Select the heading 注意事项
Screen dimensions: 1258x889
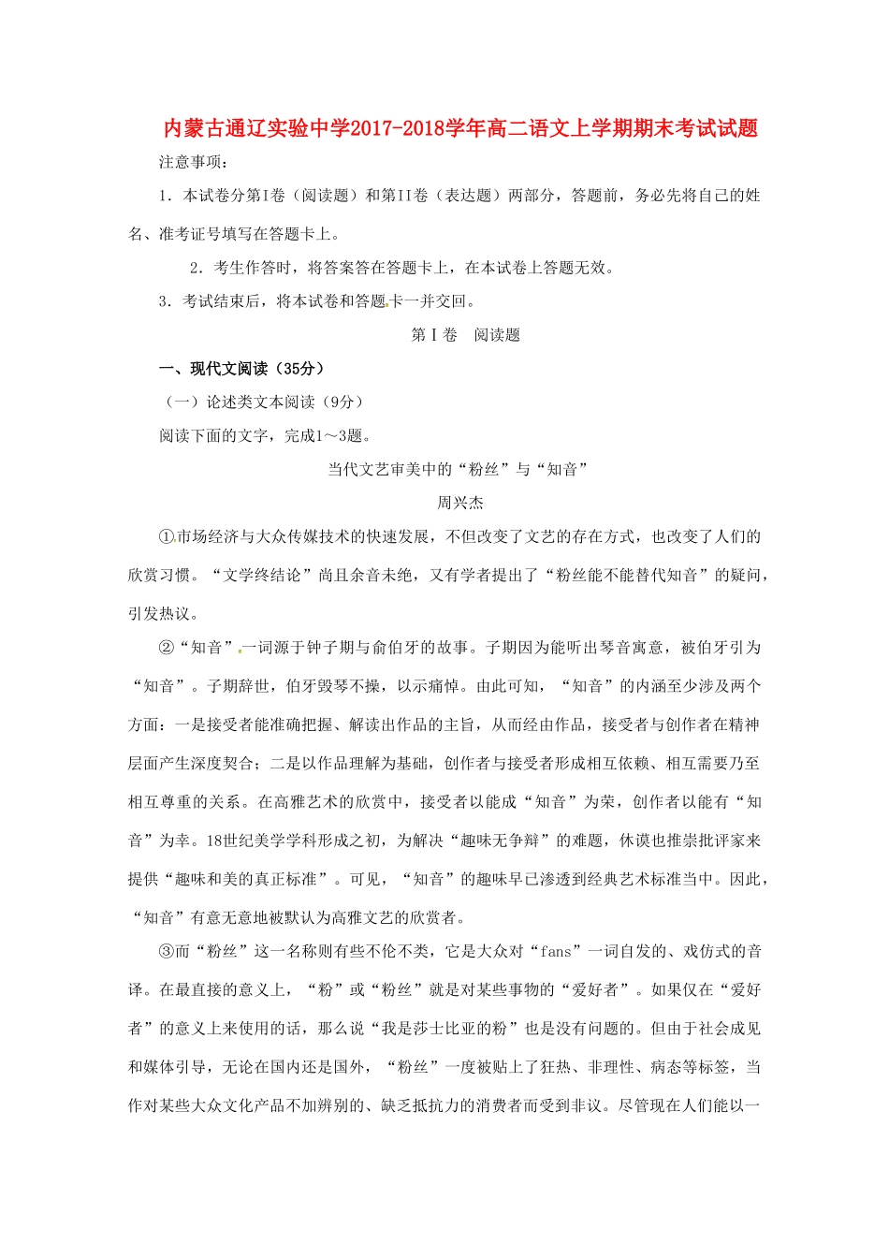[x=194, y=162]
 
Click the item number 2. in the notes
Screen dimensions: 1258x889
[x=197, y=268]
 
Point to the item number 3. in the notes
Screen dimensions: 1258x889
[x=166, y=301]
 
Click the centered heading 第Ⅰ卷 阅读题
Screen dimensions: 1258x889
[x=465, y=335]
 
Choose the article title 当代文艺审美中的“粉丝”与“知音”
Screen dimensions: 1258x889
[x=458, y=470]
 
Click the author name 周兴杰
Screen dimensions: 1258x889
[x=460, y=504]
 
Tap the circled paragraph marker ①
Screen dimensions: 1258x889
[x=167, y=537]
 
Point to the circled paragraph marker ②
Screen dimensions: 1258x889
[x=167, y=648]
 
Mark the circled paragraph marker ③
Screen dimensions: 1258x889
[x=167, y=952]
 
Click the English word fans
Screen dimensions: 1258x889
[x=555, y=952]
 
